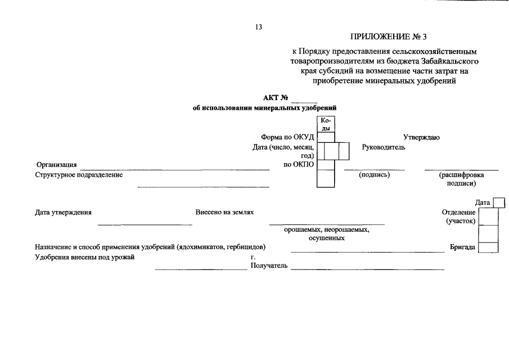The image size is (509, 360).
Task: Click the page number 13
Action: click(x=259, y=27)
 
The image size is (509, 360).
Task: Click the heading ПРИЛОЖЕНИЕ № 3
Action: click(x=388, y=37)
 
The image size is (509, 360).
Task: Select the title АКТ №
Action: click(x=276, y=98)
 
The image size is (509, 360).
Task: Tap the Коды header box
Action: click(x=326, y=124)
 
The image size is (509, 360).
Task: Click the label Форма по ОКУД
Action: click(x=287, y=137)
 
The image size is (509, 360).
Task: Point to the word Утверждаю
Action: click(x=421, y=137)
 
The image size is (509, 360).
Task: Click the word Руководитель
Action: click(x=384, y=147)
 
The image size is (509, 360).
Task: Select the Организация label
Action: click(x=56, y=165)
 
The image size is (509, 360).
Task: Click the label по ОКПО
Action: click(x=299, y=164)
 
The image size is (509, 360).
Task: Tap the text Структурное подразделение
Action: click(x=79, y=174)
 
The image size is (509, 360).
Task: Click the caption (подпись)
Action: click(x=374, y=174)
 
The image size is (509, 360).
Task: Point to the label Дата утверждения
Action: click(x=64, y=212)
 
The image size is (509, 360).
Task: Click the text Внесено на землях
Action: click(x=224, y=212)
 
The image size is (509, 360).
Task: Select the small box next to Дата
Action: click(x=499, y=203)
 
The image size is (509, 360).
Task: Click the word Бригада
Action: click(x=462, y=247)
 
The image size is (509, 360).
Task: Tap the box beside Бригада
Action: click(x=488, y=247)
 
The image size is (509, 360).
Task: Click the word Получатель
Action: click(x=269, y=265)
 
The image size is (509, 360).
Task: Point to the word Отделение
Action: click(x=459, y=212)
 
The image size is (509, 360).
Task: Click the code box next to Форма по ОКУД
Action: click(x=326, y=137)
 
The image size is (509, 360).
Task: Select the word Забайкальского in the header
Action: click(x=450, y=61)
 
